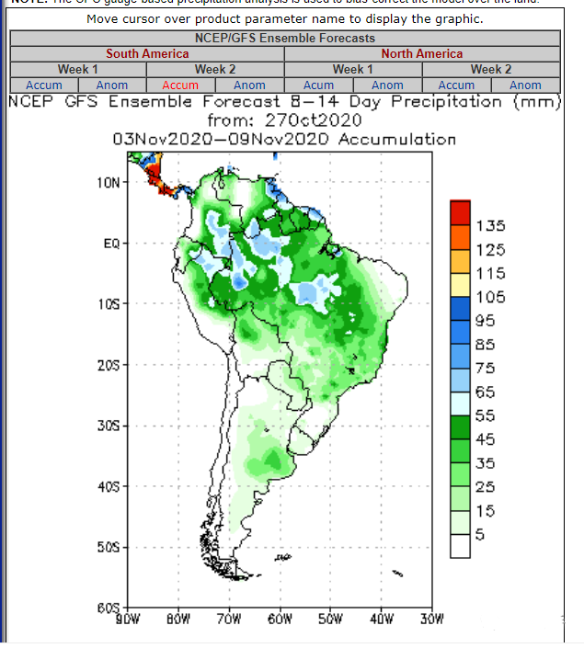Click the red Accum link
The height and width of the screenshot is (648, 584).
(180, 85)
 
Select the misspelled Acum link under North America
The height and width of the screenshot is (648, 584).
(318, 85)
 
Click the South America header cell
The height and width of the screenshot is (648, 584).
(147, 54)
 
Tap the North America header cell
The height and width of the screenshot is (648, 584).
(422, 54)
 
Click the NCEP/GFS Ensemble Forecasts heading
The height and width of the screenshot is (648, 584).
(285, 39)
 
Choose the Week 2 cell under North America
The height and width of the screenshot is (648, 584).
(491, 70)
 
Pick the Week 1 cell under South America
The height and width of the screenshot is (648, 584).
(78, 70)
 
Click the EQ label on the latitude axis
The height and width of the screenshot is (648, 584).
(110, 244)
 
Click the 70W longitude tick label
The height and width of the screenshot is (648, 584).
(229, 618)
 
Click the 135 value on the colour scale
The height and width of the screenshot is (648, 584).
(491, 226)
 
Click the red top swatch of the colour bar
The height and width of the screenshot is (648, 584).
(461, 211)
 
